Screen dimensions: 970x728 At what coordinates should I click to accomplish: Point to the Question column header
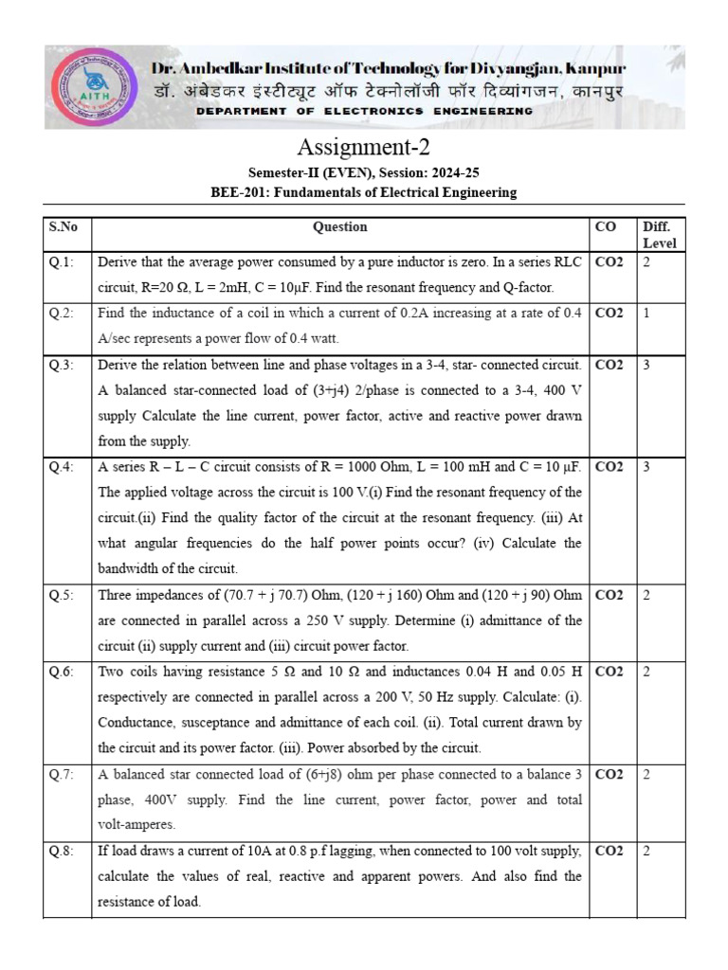pos(340,227)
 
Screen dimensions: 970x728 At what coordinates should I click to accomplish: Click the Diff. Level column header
pos(659,235)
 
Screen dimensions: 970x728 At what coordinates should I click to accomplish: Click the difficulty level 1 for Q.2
pos(646,314)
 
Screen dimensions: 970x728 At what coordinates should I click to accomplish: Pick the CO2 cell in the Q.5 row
pos(609,595)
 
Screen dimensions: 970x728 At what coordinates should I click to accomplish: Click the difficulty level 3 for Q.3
pos(646,365)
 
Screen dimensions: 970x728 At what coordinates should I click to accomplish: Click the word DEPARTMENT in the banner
pos(239,111)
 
